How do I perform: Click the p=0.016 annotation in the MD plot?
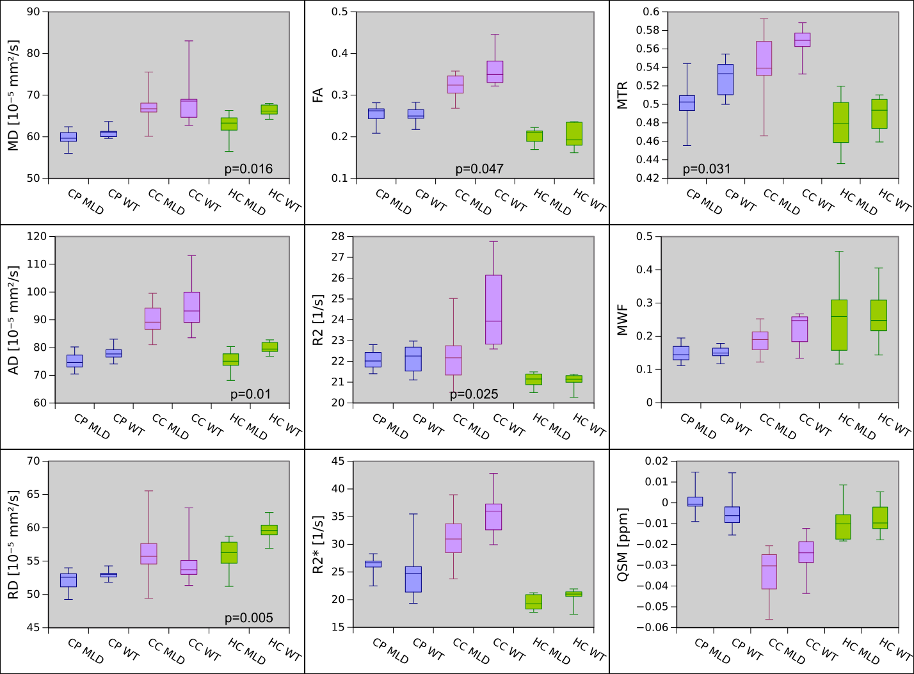pos(248,169)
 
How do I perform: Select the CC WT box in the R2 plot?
pos(493,309)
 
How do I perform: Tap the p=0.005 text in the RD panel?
pos(248,618)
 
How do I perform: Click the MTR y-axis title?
pos(622,95)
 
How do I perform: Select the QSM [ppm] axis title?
pos(622,545)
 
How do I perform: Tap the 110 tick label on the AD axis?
pos(36,264)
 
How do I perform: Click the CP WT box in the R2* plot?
pos(413,579)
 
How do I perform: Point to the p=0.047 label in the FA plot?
pos(479,169)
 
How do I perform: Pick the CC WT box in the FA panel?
pos(495,72)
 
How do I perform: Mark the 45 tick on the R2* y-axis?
pos(337,461)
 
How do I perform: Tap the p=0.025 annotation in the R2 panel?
pos(474,394)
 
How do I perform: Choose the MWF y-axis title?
pos(622,320)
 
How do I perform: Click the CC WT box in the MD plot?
pos(189,108)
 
